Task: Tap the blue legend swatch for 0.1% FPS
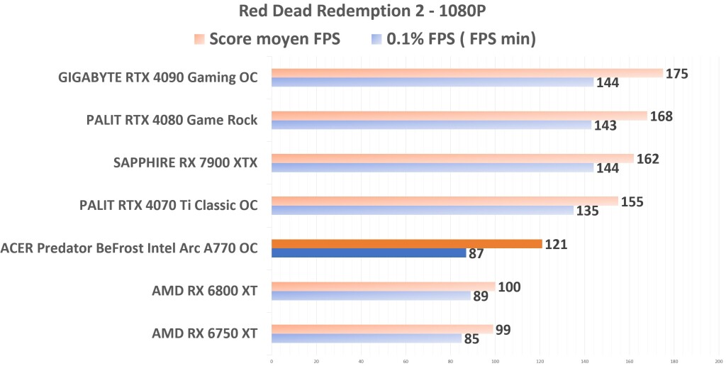376,39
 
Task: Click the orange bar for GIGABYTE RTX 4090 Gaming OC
467,73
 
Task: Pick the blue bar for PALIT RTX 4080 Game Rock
431,125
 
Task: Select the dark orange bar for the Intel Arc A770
406,243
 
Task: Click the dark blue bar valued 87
368,253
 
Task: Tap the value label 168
661,116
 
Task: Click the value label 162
648,158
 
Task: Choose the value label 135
588,211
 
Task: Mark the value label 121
556,244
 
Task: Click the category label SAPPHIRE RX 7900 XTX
185,163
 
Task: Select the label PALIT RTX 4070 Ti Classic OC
168,206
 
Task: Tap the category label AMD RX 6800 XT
204,291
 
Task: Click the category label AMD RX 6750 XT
204,333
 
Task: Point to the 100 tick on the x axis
495,360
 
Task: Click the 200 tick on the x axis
718,360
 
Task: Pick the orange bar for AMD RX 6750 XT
382,328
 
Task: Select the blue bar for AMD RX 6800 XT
371,295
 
